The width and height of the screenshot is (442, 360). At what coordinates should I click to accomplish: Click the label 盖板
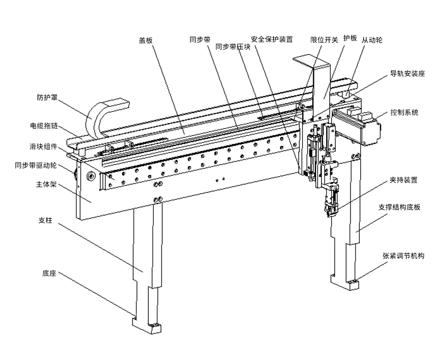click(146, 41)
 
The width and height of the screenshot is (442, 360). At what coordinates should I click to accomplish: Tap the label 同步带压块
click(233, 47)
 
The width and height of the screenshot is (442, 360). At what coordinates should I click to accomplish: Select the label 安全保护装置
click(272, 39)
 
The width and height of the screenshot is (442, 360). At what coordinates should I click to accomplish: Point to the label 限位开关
click(324, 40)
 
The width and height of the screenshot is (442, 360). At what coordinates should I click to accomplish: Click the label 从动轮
click(372, 40)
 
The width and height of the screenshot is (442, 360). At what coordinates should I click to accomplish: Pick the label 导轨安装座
click(407, 74)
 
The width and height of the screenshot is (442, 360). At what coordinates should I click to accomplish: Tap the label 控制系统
click(404, 112)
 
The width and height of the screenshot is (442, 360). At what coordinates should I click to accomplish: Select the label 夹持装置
click(404, 180)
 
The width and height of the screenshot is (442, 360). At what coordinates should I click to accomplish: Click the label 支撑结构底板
click(399, 207)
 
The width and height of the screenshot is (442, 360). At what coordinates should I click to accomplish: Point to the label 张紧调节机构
click(404, 256)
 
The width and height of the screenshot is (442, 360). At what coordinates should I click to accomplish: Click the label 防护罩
click(47, 97)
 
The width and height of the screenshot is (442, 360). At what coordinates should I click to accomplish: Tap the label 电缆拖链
click(44, 125)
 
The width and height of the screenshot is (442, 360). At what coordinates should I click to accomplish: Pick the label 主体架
click(46, 185)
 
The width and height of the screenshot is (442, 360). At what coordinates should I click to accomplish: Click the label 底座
click(50, 273)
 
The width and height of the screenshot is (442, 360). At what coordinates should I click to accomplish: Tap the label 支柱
click(45, 220)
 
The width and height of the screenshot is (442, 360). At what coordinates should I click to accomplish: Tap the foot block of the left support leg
click(147, 327)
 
